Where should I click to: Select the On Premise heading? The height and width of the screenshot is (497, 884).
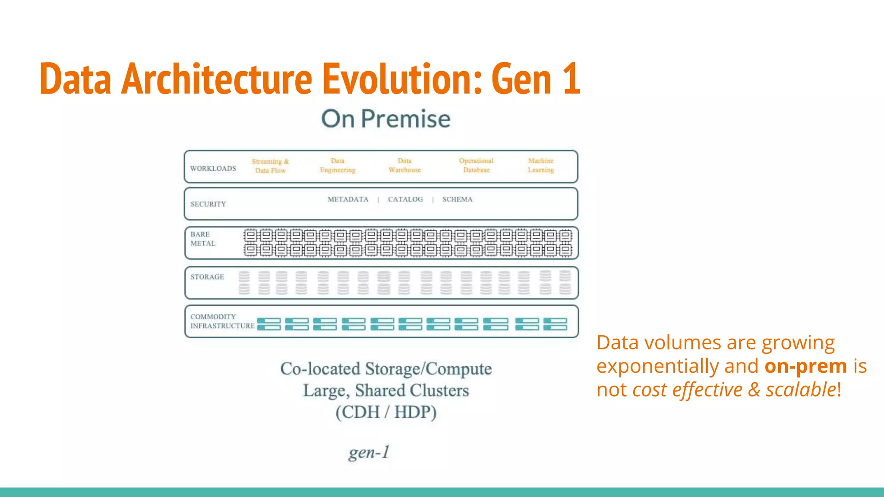click(385, 119)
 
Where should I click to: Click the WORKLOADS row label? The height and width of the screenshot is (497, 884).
click(213, 168)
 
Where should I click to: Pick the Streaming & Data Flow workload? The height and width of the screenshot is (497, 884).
click(271, 166)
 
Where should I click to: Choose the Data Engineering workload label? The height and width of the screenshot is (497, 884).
click(338, 165)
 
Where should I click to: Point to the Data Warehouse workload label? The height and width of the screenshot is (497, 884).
click(404, 165)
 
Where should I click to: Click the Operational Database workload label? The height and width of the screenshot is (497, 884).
click(476, 165)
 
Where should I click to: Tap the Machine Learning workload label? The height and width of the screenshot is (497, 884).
click(540, 165)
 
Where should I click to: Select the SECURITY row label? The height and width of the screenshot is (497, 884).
click(208, 204)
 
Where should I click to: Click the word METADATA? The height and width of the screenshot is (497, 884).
click(348, 199)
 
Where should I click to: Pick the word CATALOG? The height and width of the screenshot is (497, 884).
click(405, 199)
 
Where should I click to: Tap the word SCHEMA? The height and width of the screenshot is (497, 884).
click(457, 199)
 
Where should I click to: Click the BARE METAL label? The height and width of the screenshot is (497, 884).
click(202, 239)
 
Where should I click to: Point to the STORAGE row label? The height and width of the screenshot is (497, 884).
click(207, 277)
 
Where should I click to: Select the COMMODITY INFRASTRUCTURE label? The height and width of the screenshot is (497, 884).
click(222, 321)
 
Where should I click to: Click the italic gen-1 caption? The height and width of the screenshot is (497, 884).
click(369, 452)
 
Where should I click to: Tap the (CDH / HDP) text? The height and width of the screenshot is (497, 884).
click(386, 412)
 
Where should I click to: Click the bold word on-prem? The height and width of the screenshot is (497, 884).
click(805, 366)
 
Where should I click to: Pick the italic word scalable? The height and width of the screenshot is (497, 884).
click(801, 390)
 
